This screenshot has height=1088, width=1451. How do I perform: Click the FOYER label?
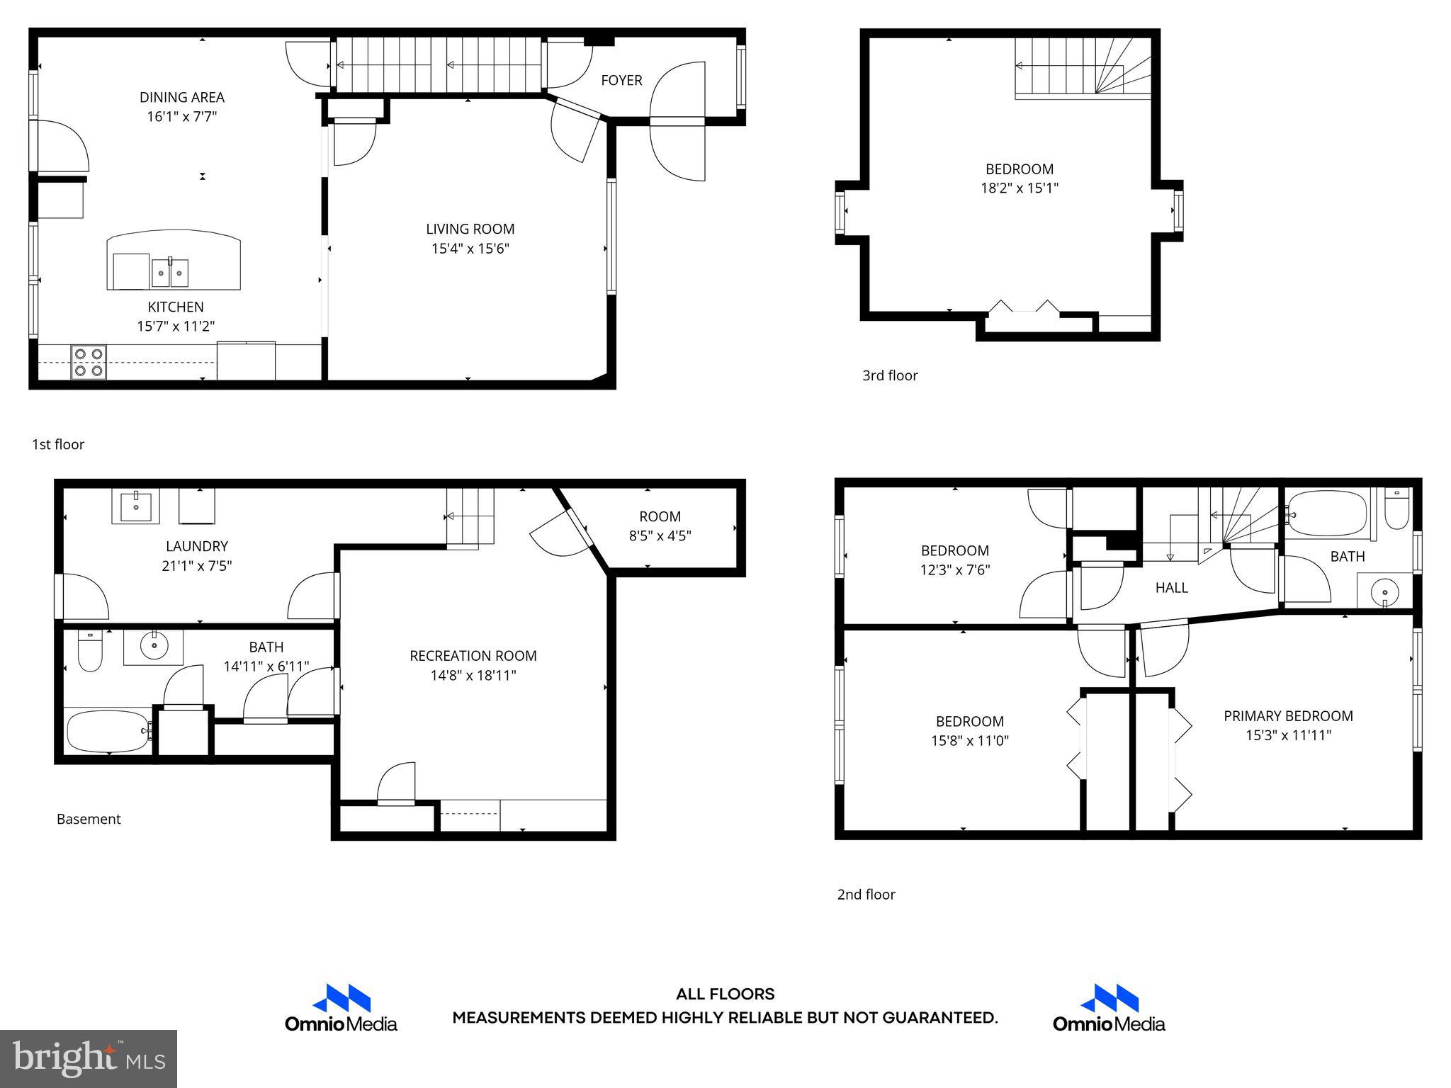tap(621, 81)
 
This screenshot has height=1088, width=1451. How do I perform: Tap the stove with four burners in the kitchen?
tap(89, 361)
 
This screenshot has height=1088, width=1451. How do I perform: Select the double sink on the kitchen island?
tap(170, 273)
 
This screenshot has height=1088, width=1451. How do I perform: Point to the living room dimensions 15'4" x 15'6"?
tap(470, 249)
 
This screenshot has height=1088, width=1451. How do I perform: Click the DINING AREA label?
tap(182, 97)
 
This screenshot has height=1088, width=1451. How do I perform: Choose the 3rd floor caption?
tap(890, 375)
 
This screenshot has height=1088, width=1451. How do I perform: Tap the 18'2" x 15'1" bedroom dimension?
tap(1020, 188)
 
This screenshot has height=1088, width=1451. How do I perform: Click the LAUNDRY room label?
tap(197, 546)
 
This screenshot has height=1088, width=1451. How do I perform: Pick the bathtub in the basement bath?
tap(108, 732)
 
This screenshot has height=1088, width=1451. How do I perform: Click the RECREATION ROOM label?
tap(473, 656)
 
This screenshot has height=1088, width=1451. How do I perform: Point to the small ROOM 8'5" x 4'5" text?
tap(660, 526)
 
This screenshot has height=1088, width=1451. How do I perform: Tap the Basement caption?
tap(89, 819)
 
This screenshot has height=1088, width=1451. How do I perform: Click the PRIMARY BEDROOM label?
tap(1288, 716)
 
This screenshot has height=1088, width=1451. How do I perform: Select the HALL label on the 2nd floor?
tap(1171, 587)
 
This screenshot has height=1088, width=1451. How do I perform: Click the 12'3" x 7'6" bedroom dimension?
tap(955, 569)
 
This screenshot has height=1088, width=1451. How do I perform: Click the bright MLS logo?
tap(89, 1058)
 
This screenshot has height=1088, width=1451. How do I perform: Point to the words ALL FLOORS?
tap(725, 994)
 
